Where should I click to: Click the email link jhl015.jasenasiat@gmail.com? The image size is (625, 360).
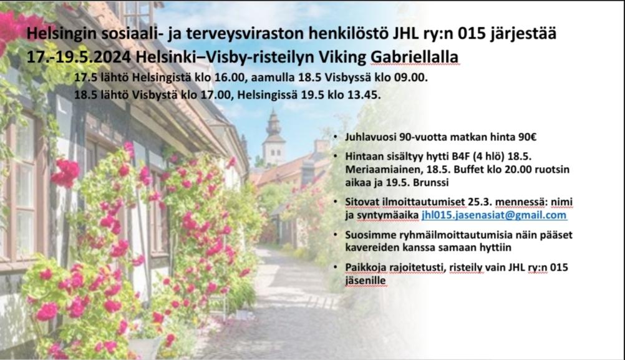pyautogui.click(x=494, y=215)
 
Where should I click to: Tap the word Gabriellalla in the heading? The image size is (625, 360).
pyautogui.click(x=415, y=57)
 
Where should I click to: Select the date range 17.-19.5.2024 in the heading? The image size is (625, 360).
pyautogui.click(x=79, y=57)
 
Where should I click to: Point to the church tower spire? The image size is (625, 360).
pyautogui.click(x=273, y=120)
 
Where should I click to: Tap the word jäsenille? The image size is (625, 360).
pyautogui.click(x=366, y=281)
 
